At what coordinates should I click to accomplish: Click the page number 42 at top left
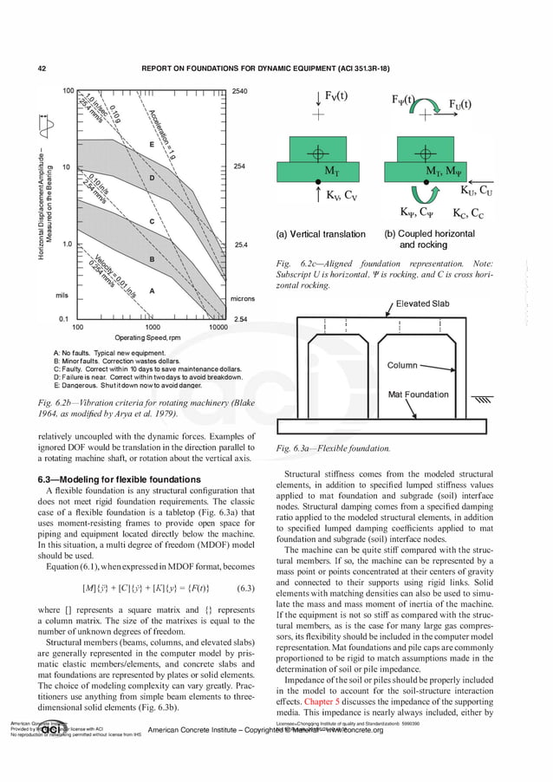[42, 67]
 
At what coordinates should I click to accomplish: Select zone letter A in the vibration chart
[152, 291]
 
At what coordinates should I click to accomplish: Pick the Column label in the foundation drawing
[402, 366]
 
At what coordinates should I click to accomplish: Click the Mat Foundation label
[418, 394]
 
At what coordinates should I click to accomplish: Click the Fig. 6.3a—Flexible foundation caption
[333, 448]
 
